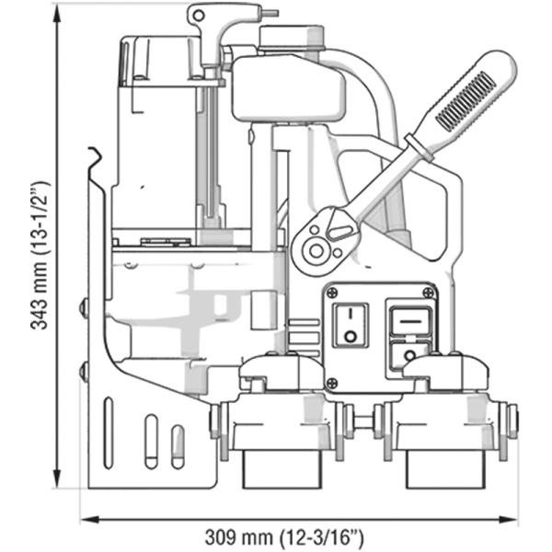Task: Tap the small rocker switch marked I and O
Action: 350,324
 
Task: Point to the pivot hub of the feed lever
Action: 317,249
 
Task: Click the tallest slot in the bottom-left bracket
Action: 109,431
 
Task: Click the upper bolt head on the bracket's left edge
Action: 84,307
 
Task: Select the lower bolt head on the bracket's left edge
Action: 84,372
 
